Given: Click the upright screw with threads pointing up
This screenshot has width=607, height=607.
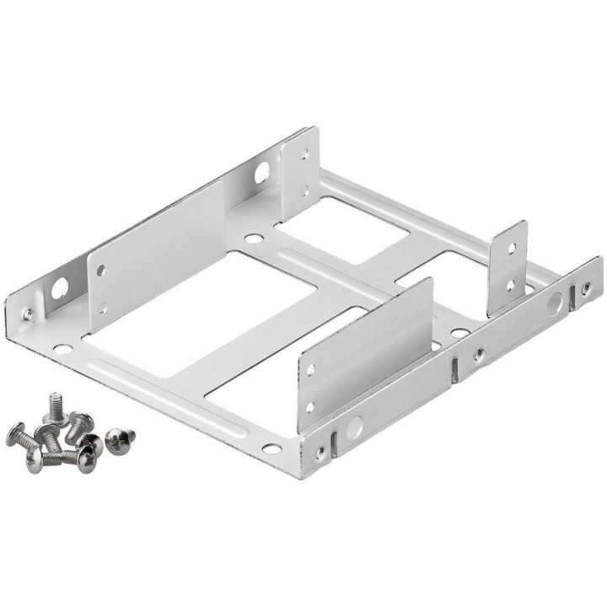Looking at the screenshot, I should (56, 405).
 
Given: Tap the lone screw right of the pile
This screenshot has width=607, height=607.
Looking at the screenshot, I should (120, 438).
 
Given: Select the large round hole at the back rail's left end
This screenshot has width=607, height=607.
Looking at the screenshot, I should (59, 289).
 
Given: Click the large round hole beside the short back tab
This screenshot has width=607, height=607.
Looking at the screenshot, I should (261, 173).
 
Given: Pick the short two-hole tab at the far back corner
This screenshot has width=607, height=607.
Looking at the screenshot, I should (301, 173).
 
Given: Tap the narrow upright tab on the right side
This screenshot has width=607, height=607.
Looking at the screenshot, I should (508, 266).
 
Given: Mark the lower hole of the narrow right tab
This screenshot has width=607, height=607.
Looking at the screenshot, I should (509, 284).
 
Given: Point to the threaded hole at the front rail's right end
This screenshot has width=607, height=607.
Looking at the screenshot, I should (585, 288).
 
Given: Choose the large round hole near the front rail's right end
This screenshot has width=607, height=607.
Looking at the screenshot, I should (554, 303).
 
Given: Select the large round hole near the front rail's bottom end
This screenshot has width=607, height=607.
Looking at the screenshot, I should (354, 427).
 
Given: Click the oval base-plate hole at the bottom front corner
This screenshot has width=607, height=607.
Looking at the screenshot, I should (271, 448).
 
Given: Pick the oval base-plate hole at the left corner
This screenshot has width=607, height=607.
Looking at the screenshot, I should (62, 348).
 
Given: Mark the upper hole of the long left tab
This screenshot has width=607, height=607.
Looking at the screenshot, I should (101, 271).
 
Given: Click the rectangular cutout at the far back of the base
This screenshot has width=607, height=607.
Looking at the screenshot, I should (341, 230).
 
